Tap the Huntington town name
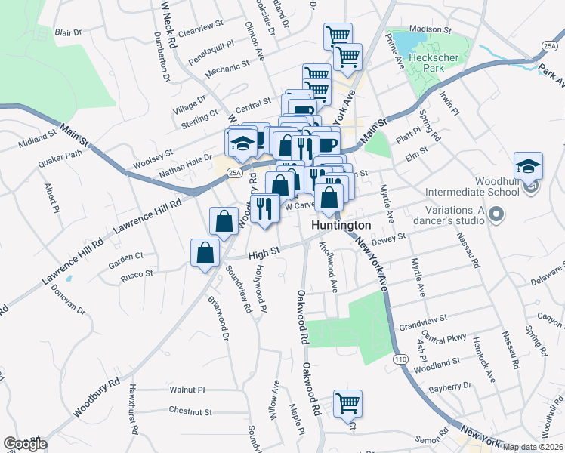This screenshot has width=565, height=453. pyautogui.click(x=341, y=226)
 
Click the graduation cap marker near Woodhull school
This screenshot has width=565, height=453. pyautogui.click(x=528, y=167)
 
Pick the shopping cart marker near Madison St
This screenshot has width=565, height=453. pyautogui.click(x=338, y=35)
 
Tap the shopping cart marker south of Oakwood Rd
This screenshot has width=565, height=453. pyautogui.click(x=348, y=404)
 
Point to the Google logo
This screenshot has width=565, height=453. pyautogui.click(x=25, y=444)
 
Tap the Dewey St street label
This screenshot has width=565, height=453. pyautogui.click(x=391, y=239)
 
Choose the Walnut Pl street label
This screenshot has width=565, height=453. pyautogui.click(x=187, y=390)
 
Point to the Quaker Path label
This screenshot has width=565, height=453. pyautogui.click(x=63, y=156)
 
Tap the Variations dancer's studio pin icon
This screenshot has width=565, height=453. pyautogui.click(x=496, y=217)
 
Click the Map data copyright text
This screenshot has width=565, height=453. pyautogui.click(x=533, y=447)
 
